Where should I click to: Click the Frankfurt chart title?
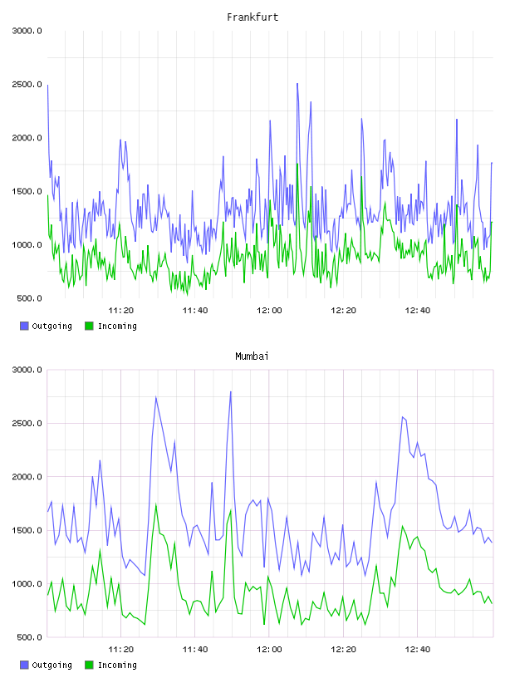click(252, 17)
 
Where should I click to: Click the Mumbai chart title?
click(252, 356)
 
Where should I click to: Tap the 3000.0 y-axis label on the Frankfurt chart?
click(27, 31)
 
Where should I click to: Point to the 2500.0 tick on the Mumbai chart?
click(27, 423)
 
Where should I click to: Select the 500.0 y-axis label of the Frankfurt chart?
click(29, 298)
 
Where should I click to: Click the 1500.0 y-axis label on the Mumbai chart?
click(27, 531)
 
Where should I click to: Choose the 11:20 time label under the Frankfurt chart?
click(121, 311)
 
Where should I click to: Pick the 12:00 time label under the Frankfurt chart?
click(269, 311)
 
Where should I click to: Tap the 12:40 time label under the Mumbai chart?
click(418, 650)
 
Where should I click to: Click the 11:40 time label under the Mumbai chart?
click(195, 650)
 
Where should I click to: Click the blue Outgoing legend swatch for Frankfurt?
click(24, 326)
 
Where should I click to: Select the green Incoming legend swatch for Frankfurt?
click(89, 326)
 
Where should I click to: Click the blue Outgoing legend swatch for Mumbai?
click(24, 665)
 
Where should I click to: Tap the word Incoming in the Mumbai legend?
click(117, 665)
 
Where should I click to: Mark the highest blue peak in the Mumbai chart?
click(231, 391)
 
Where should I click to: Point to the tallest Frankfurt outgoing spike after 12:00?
click(297, 84)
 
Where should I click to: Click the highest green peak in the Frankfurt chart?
click(297, 164)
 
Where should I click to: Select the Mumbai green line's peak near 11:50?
click(231, 510)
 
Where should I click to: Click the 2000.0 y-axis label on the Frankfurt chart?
click(27, 138)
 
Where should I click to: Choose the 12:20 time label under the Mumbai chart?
click(343, 650)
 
